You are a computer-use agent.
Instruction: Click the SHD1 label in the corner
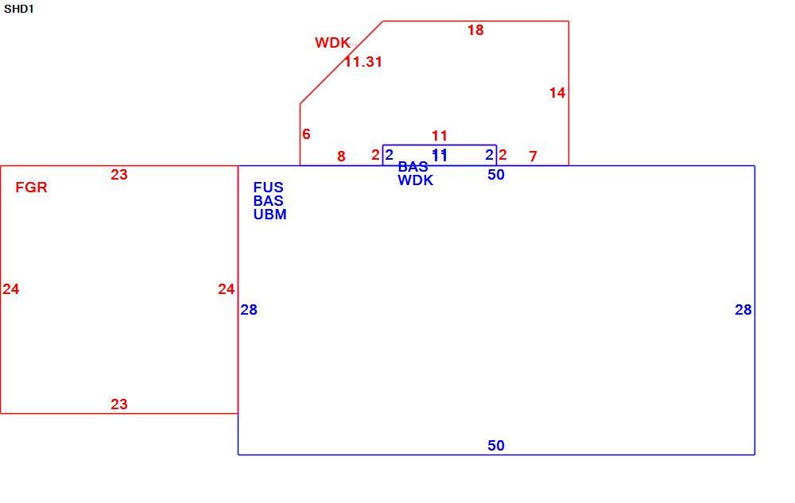[19, 9]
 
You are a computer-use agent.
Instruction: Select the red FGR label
[32, 188]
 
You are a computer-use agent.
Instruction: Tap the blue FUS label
[268, 188]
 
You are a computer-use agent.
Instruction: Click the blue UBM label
[270, 215]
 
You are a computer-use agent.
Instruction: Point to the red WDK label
[332, 43]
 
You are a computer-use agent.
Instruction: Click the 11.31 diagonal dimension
[363, 62]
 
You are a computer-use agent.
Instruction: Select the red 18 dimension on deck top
[475, 30]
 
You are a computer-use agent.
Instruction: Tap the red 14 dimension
[557, 93]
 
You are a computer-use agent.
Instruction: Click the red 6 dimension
[306, 134]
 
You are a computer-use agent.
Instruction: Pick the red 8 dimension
[341, 157]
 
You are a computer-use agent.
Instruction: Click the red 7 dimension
[533, 157]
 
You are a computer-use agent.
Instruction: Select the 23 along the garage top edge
[119, 175]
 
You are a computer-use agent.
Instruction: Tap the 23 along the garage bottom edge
[119, 404]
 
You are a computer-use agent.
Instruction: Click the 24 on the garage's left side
[11, 289]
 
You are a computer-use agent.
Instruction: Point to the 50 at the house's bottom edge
[496, 446]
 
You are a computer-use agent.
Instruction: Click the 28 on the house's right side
[743, 310]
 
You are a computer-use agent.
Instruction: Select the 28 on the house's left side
[249, 309]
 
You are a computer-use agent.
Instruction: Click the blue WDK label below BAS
[416, 180]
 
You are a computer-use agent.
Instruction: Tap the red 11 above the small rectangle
[440, 136]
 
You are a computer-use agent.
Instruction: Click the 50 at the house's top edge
[496, 175]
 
